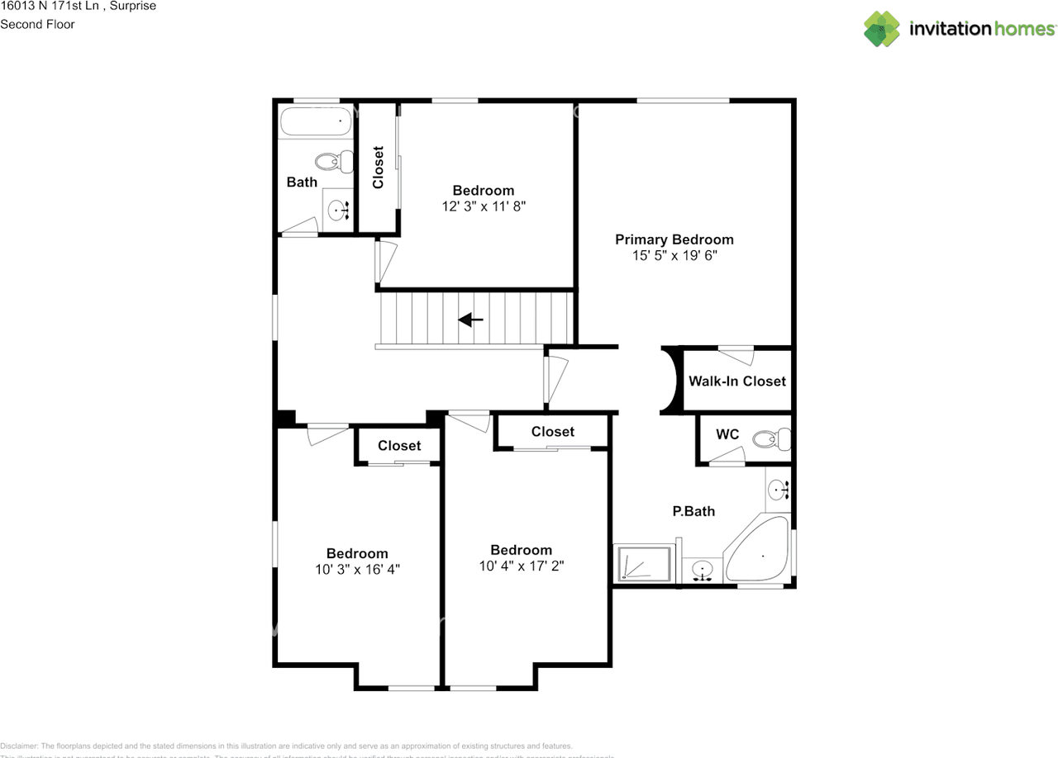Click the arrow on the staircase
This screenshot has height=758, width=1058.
[470, 320]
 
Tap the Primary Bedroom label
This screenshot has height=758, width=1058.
[674, 239]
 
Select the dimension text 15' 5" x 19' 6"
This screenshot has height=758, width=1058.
[674, 256]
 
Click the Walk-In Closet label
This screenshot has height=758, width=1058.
[737, 381]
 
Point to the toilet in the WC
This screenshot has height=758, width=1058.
[777, 439]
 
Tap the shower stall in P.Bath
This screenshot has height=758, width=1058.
[643, 563]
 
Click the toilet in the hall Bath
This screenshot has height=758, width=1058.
[331, 162]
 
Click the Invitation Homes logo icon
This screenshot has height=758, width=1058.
[882, 29]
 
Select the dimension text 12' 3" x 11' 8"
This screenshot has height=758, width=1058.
[484, 206]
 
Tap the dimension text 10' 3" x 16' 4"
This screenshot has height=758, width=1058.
[357, 570]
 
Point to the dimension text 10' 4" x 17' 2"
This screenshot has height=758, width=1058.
[521, 566]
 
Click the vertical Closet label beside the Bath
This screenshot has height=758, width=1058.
[379, 168]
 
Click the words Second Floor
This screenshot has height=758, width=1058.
[37, 24]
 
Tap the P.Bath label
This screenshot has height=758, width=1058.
[693, 511]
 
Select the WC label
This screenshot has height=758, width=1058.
[727, 434]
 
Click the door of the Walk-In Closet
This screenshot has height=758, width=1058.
[736, 355]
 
